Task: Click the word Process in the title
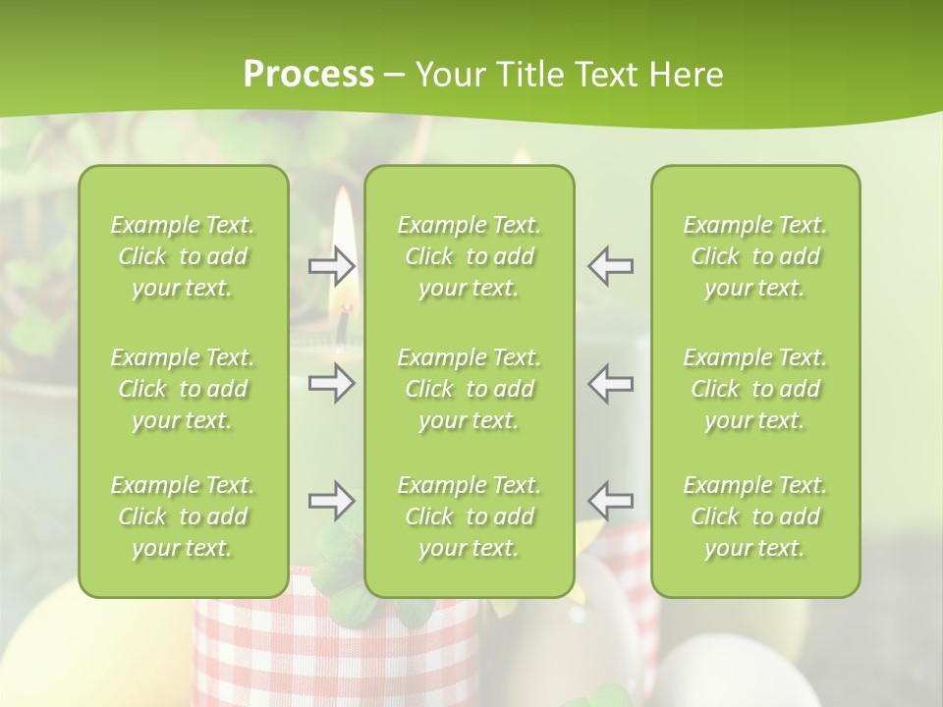(x=308, y=75)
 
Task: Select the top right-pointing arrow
(x=331, y=266)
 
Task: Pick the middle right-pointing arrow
(x=331, y=383)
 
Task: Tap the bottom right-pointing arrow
(x=331, y=502)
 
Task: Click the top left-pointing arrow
(x=611, y=266)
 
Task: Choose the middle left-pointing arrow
(x=611, y=383)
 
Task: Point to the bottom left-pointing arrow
(x=611, y=502)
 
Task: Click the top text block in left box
(x=183, y=256)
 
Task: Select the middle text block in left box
(x=183, y=389)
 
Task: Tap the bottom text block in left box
(x=183, y=517)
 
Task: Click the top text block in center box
(x=469, y=256)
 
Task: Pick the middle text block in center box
(x=469, y=389)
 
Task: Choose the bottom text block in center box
(x=469, y=517)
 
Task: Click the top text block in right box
(x=754, y=256)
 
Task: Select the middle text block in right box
(x=754, y=389)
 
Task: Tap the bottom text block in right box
(x=754, y=517)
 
